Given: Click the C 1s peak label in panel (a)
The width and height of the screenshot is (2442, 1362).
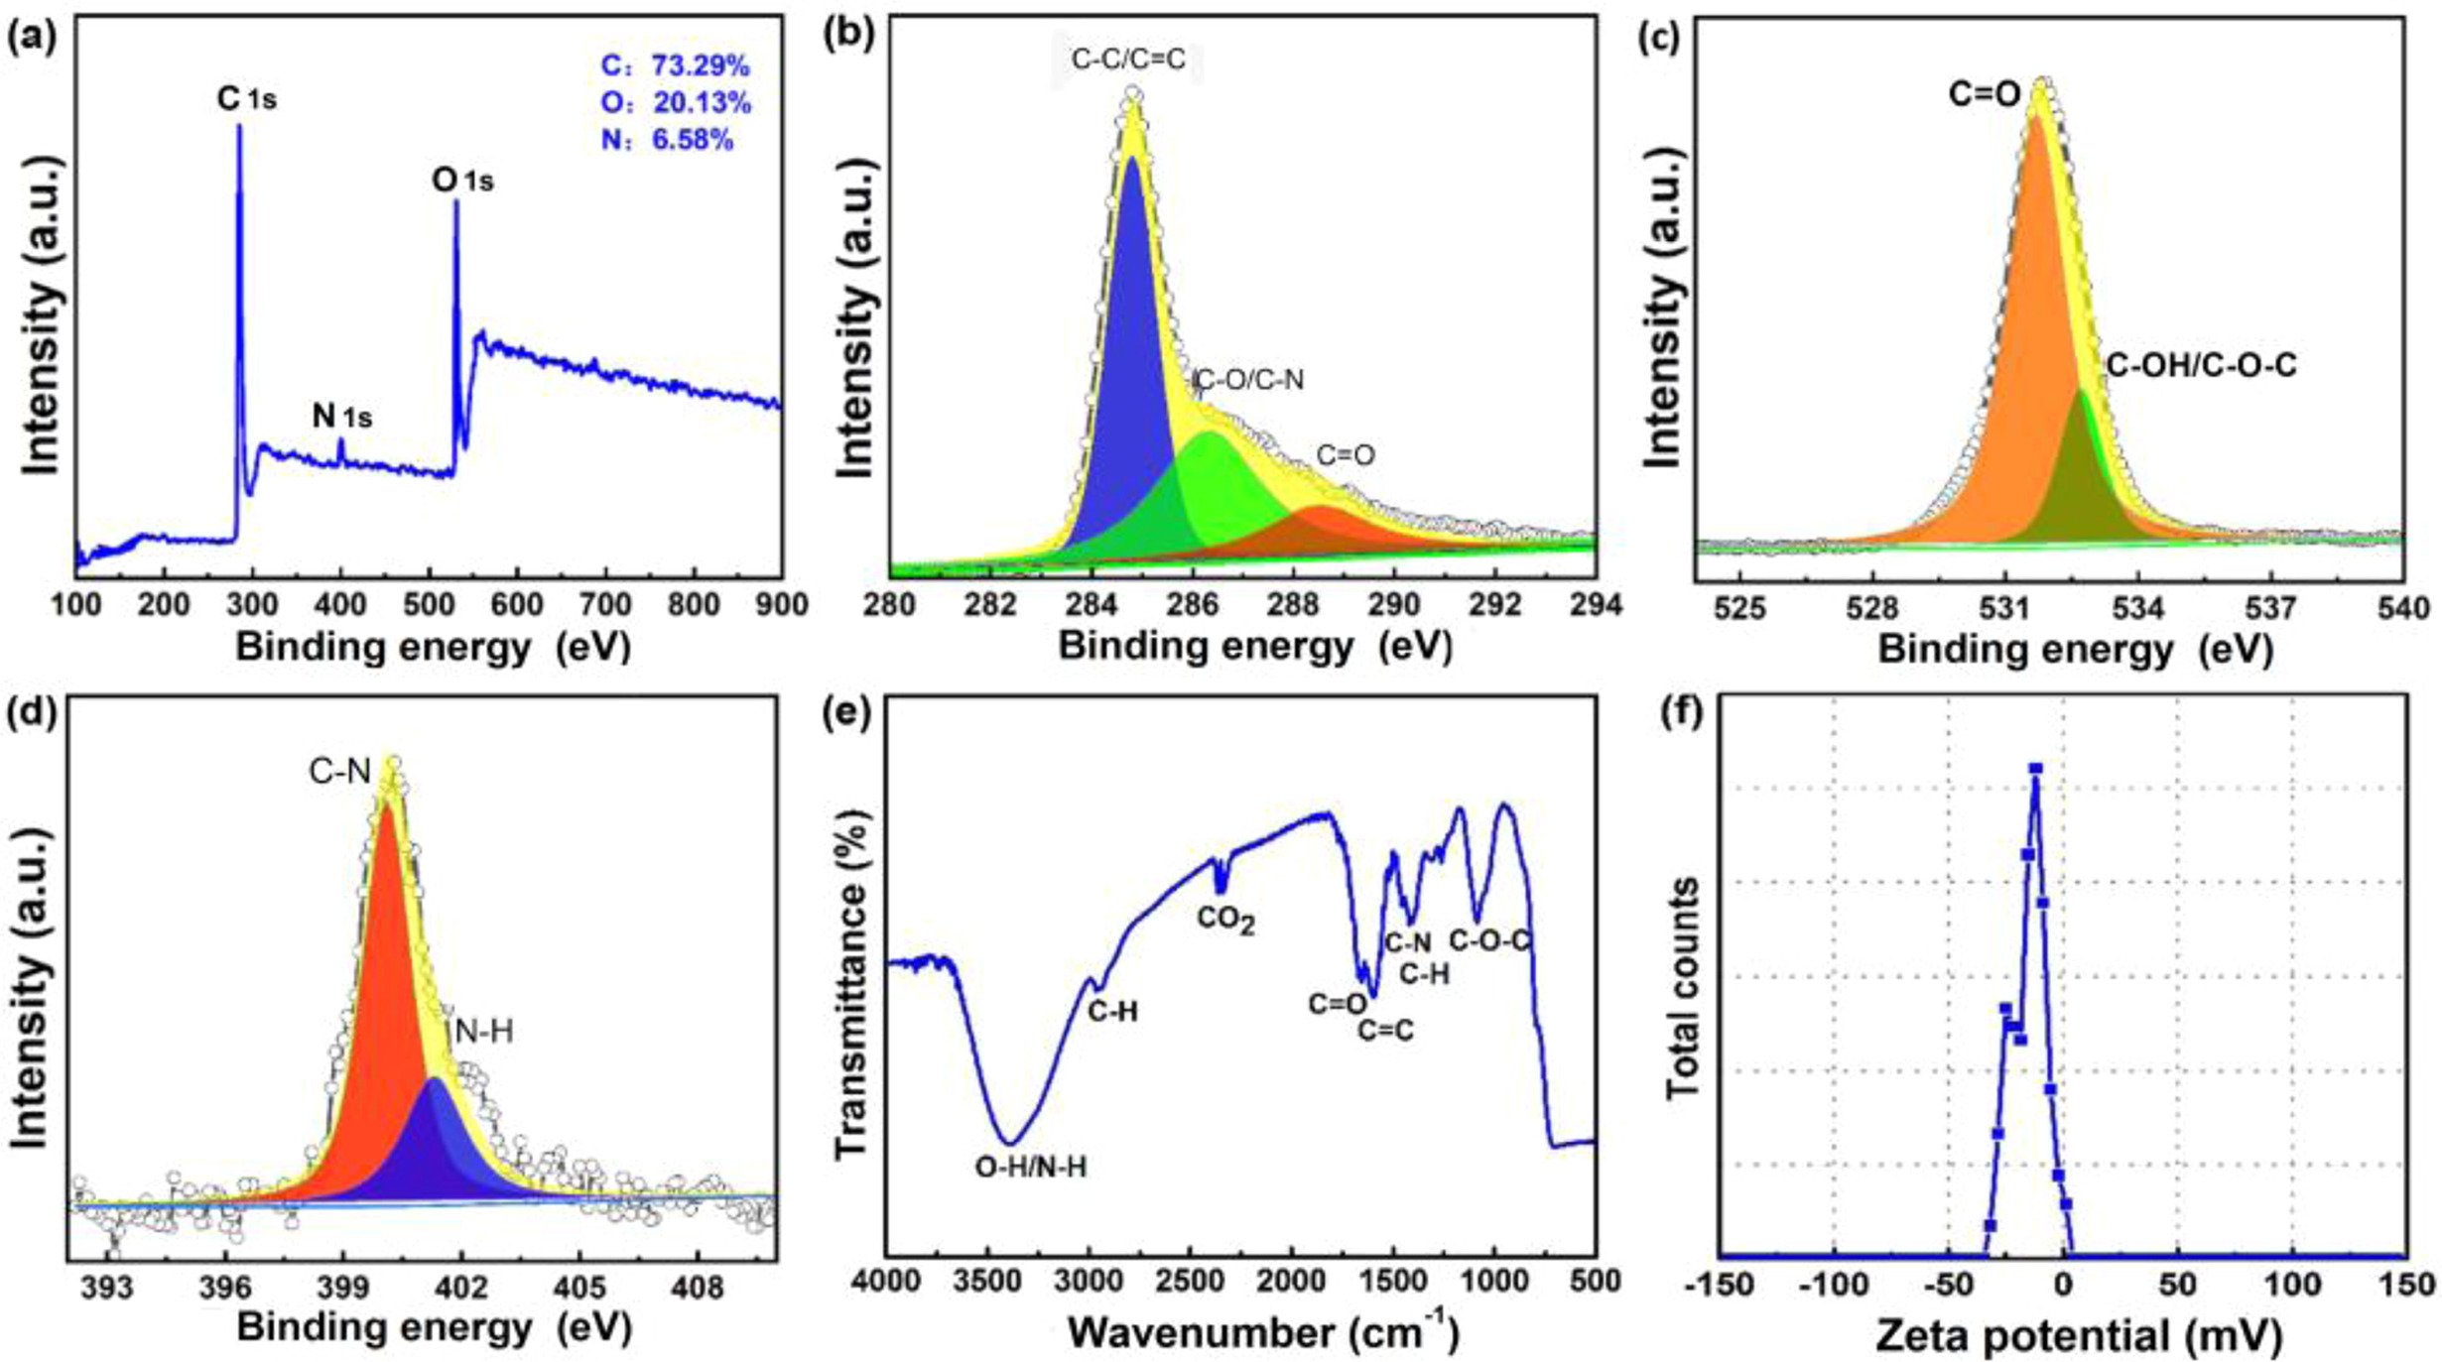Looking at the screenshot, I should (x=246, y=99).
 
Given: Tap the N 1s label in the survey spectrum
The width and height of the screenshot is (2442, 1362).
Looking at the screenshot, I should (x=342, y=417).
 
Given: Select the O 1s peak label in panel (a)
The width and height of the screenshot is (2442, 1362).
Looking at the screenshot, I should (x=462, y=181).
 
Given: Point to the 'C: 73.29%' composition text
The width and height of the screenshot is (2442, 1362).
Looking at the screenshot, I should (x=675, y=65).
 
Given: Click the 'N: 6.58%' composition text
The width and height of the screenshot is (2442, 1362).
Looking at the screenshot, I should (x=667, y=140).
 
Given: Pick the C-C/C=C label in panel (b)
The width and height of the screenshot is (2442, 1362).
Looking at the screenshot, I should (x=1128, y=60).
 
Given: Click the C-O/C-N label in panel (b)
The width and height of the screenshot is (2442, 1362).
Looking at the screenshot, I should (x=1249, y=380).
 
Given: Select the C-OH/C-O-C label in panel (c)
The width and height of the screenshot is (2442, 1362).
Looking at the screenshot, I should (x=2201, y=366).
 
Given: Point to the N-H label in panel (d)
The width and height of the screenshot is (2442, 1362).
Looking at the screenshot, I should (x=483, y=1033).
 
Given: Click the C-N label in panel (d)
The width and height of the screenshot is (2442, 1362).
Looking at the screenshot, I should (x=340, y=771).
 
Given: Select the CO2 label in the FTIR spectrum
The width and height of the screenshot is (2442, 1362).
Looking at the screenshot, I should (x=1225, y=920).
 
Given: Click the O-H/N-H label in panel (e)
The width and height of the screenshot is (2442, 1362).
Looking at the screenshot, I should (x=1031, y=1168).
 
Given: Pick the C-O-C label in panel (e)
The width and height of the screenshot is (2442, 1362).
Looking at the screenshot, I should (x=1490, y=940).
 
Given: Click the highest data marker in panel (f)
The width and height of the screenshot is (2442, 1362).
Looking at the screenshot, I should (x=2035, y=769).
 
